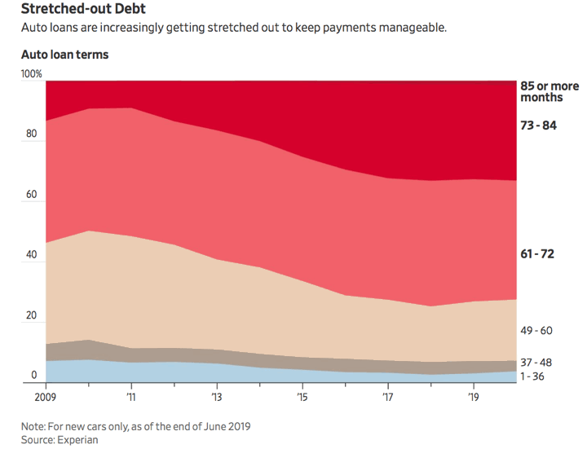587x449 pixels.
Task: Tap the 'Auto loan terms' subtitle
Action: pos(64,55)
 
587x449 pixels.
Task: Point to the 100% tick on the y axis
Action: pos(31,74)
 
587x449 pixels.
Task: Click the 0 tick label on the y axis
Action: pos(33,375)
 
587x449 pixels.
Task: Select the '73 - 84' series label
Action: pos(538,125)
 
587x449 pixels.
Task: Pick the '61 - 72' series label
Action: pos(537,255)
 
